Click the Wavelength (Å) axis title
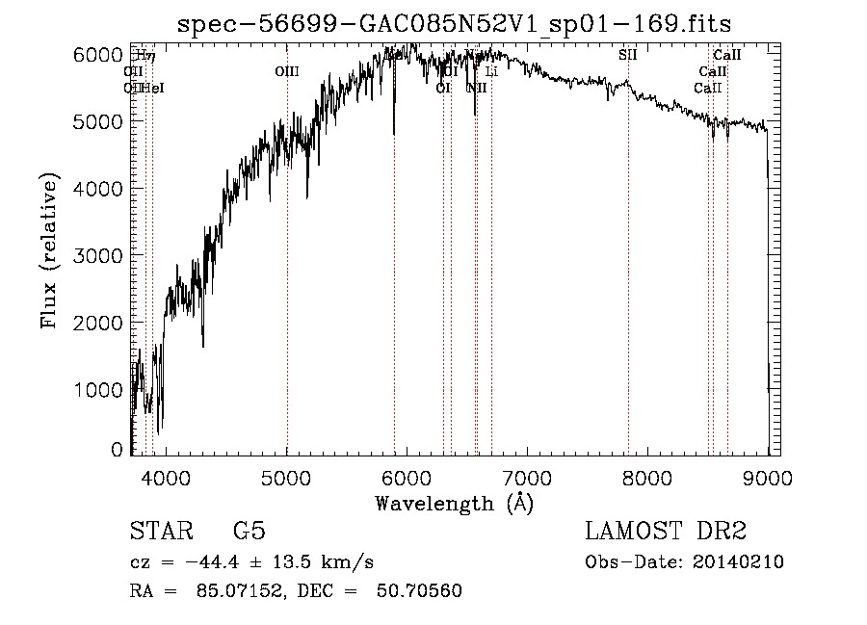[x=454, y=502]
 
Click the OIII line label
[x=287, y=71]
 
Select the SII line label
[x=628, y=55]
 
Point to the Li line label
[x=491, y=71]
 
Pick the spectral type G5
[x=249, y=532]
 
